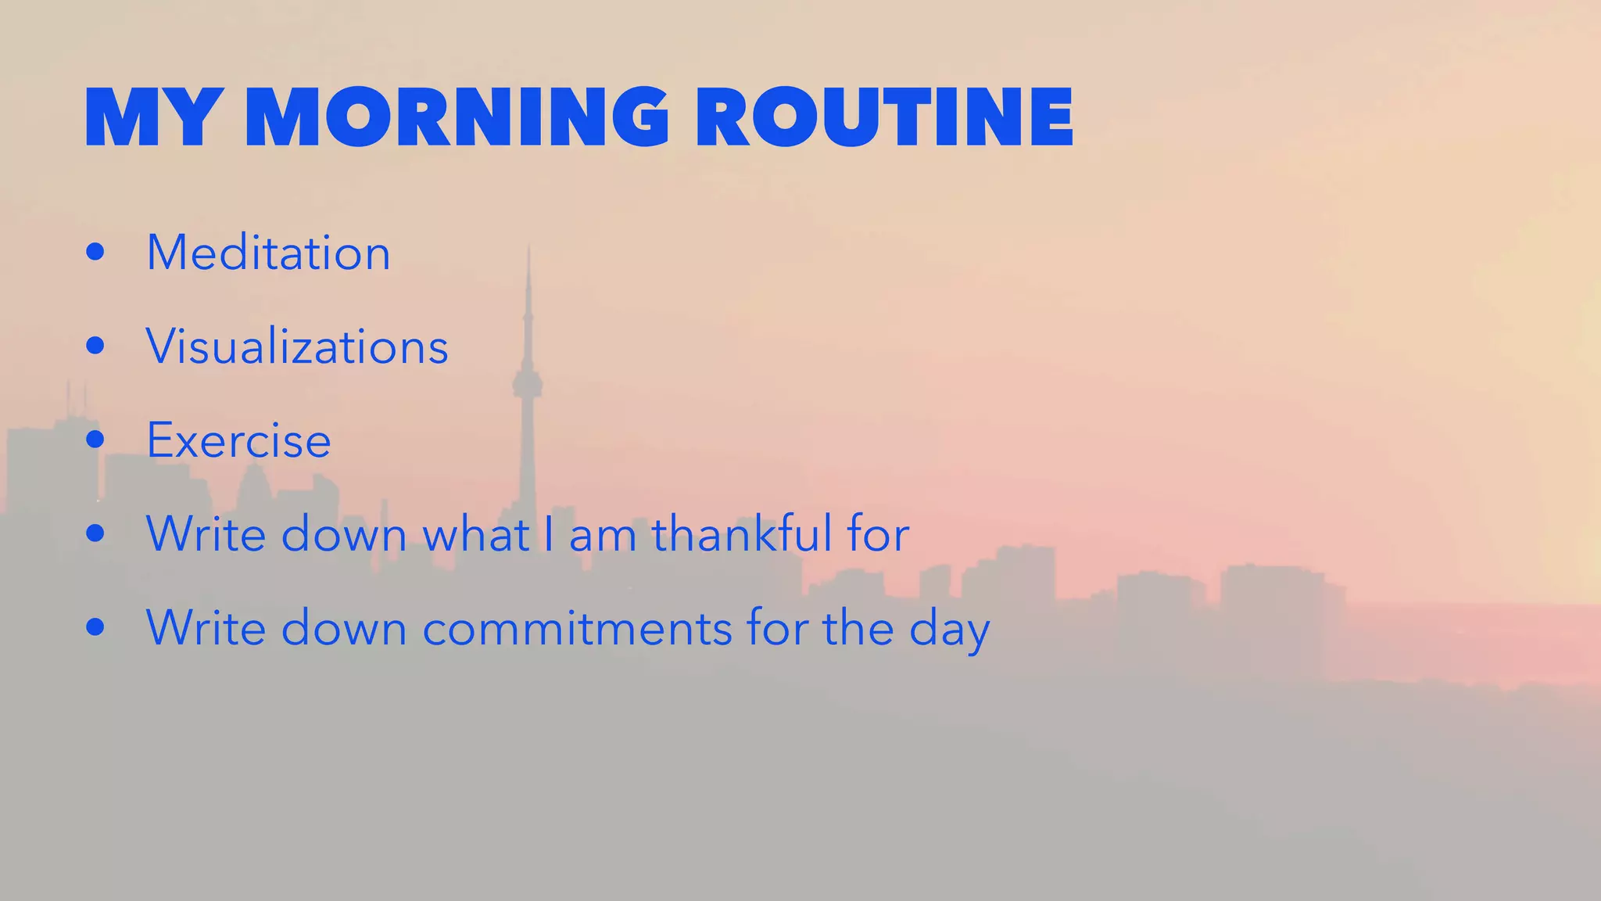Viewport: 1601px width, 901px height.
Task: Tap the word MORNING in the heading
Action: [x=457, y=118]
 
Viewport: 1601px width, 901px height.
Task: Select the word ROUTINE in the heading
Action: [x=884, y=118]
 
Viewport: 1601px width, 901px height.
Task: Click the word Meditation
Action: [x=268, y=253]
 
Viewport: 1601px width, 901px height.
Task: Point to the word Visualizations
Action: [x=297, y=346]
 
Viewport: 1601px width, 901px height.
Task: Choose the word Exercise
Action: [x=238, y=440]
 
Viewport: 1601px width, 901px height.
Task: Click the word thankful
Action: [x=742, y=534]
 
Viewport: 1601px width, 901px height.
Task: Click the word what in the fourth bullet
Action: [x=476, y=534]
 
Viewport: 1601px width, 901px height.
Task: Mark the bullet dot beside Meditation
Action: [x=95, y=252]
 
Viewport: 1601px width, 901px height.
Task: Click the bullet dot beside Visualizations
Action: [x=95, y=346]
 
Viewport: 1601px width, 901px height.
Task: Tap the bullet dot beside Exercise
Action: [x=95, y=440]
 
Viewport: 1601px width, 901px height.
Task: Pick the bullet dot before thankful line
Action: [x=95, y=533]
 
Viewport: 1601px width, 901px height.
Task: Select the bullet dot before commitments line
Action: [x=95, y=627]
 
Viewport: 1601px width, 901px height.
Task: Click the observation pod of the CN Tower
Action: [x=528, y=384]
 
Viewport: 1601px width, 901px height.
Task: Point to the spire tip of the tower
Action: [x=529, y=249]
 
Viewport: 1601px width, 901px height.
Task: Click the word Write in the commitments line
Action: [x=206, y=628]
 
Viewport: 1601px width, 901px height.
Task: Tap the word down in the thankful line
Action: [x=344, y=534]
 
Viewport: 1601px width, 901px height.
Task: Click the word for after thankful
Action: [x=877, y=534]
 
